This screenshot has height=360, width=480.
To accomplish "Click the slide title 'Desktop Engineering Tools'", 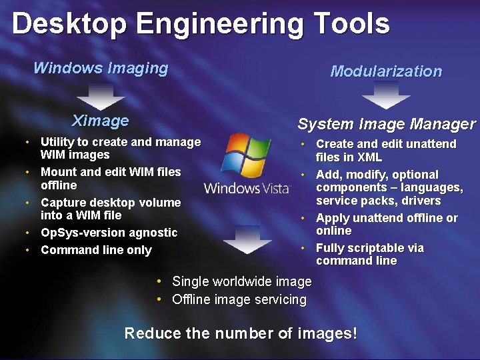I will [x=200, y=24].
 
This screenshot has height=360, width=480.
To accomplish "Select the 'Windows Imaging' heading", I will [x=101, y=68].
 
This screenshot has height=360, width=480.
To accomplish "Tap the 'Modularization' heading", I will [x=386, y=71].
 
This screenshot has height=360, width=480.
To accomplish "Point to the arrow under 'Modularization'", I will [x=386, y=98].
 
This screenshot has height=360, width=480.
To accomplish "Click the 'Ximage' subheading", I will [x=100, y=121].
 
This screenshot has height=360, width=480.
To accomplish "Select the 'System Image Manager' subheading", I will [x=387, y=124].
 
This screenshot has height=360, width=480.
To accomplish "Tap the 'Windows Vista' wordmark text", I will [x=247, y=188].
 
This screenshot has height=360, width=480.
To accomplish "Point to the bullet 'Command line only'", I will [x=96, y=250].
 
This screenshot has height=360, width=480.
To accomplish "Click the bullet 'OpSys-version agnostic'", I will [x=109, y=233].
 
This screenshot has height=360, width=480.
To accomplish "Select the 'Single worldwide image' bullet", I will [x=241, y=282].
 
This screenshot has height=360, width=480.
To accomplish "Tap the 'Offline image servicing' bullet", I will [x=239, y=299].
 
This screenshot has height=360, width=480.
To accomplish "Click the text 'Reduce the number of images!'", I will [x=241, y=333].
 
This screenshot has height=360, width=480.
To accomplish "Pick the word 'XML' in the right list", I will [x=369, y=157].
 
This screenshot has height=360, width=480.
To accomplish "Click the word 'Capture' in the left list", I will [x=62, y=202].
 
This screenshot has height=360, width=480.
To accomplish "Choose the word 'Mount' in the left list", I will [x=58, y=172].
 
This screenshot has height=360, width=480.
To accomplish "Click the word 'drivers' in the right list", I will [x=423, y=201].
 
